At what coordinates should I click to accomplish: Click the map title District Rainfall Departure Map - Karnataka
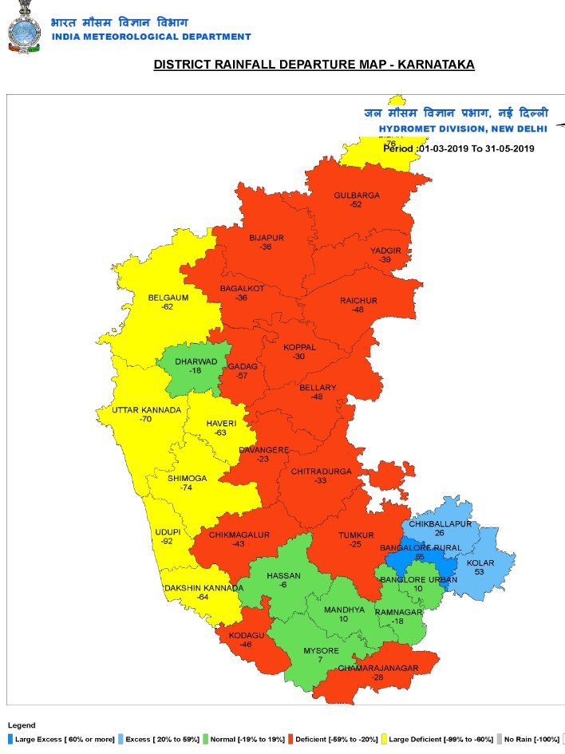click(x=314, y=65)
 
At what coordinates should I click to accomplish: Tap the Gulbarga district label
click(x=357, y=195)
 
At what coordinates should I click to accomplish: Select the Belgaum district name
click(x=168, y=298)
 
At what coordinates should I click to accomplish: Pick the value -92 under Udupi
click(x=167, y=541)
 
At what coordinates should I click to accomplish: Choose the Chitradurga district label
click(x=321, y=472)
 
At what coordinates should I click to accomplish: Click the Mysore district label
click(x=321, y=651)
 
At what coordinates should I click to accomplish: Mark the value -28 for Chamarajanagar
click(x=377, y=677)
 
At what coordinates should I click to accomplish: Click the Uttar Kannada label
click(x=146, y=410)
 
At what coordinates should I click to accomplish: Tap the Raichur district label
click(x=358, y=301)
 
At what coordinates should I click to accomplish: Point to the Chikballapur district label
click(x=440, y=524)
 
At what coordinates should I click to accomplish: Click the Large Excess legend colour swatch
click(x=10, y=740)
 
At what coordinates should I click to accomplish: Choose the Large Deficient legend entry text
click(x=434, y=740)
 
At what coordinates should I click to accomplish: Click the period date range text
click(x=459, y=148)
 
